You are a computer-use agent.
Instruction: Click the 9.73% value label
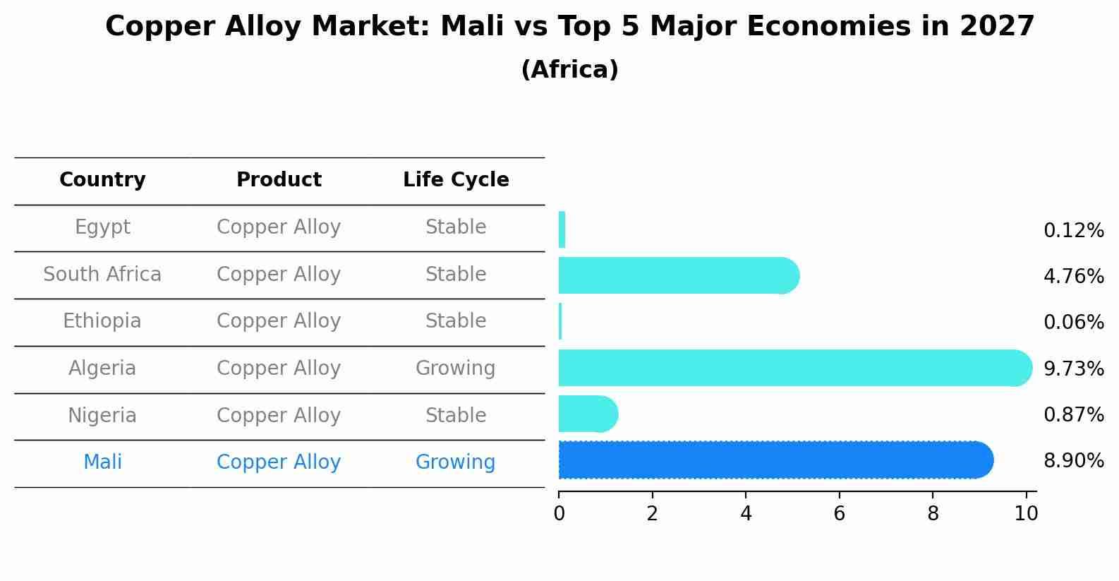coord(1073,369)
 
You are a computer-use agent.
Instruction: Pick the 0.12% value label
coord(1073,231)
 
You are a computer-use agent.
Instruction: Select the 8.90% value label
coord(1073,461)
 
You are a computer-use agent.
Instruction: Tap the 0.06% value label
coord(1073,323)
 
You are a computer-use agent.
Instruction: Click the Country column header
coord(102,180)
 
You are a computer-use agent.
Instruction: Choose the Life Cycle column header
coord(456,180)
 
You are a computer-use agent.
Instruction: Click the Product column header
coord(279,180)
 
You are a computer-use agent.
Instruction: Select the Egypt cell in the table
coord(102,227)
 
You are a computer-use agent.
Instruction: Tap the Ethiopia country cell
coord(102,321)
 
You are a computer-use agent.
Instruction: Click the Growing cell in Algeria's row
coord(455,369)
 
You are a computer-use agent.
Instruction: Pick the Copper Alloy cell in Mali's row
coord(279,462)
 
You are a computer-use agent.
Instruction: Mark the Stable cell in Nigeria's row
coord(456,416)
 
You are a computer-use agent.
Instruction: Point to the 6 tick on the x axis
coord(839,514)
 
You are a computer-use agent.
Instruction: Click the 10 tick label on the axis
coord(1026,514)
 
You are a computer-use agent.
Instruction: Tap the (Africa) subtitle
coord(569,70)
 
